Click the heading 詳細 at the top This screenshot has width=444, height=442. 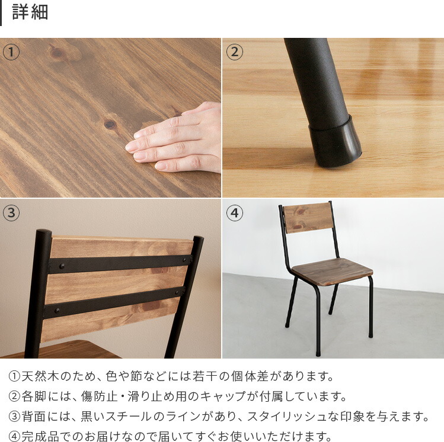click(x=30, y=12)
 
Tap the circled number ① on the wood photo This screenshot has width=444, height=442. click(x=11, y=52)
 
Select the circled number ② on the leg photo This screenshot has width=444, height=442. click(x=235, y=52)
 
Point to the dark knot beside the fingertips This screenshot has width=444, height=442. click(x=110, y=124)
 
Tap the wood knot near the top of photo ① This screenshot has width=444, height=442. click(x=58, y=53)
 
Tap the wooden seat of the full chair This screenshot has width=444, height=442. click(x=332, y=269)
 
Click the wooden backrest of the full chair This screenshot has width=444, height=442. click(x=306, y=217)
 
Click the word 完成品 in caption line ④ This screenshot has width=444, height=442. click(x=38, y=437)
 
